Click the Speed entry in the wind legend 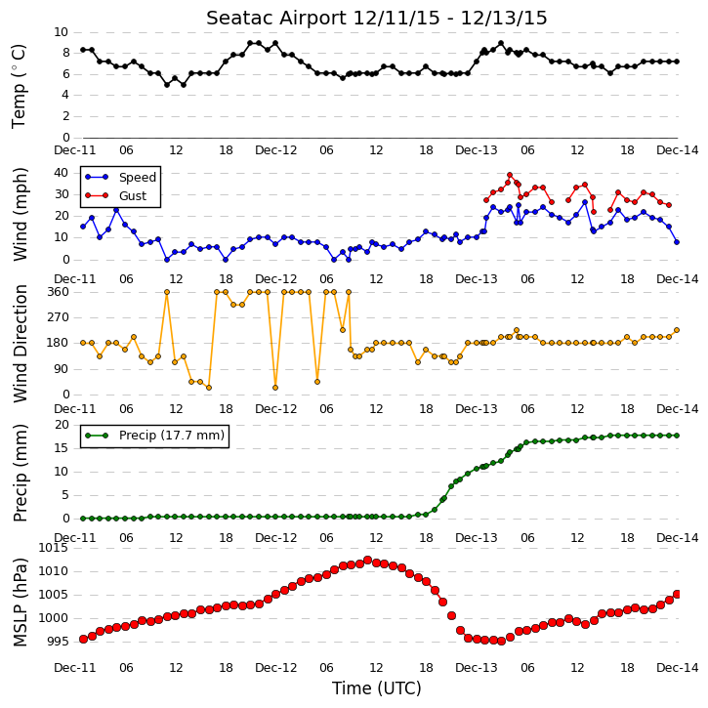pos(138,178)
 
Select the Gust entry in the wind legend pos(133,195)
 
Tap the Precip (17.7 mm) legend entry pos(172,436)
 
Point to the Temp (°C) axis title pos(19,86)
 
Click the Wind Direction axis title pos(21,344)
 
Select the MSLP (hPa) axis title pos(21,603)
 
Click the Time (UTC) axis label pos(377,688)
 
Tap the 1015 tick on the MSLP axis pos(54,548)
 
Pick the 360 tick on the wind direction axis pos(59,292)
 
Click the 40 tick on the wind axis pos(61,173)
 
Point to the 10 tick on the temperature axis pos(61,32)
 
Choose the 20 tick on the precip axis pos(62,425)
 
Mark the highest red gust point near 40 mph pos(510,175)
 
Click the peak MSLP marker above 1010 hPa pos(367,560)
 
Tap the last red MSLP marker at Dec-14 pos(677,594)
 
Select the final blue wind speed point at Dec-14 pos(677,242)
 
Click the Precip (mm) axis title pos(21,474)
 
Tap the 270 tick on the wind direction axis pos(59,317)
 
